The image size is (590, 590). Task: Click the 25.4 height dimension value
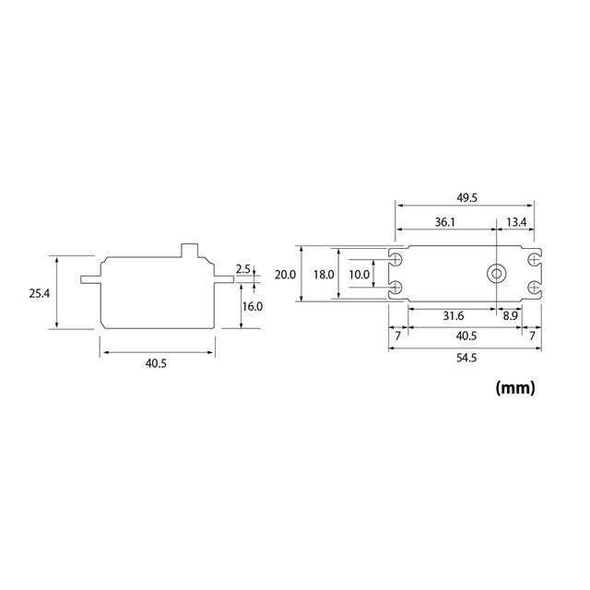(x=38, y=293)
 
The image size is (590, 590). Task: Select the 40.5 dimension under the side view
(x=156, y=364)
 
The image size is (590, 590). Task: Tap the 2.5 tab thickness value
(x=243, y=268)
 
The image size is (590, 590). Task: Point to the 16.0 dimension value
(x=253, y=306)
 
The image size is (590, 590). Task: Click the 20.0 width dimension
(x=286, y=275)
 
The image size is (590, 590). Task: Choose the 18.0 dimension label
(x=324, y=275)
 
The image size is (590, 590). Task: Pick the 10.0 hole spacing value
(x=360, y=275)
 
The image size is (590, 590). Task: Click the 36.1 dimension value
(x=445, y=223)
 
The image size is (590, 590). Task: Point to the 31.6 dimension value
(x=453, y=315)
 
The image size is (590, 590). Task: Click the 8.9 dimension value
(x=509, y=315)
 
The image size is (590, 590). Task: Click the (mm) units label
(x=514, y=388)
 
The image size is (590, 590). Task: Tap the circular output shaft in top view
(x=497, y=274)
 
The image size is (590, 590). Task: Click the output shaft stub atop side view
(x=191, y=251)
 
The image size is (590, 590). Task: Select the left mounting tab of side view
(x=90, y=277)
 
